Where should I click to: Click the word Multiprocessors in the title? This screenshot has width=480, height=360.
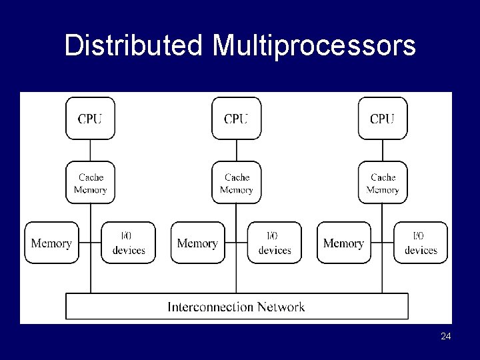pos(314,46)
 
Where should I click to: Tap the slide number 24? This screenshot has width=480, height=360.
pos(445,337)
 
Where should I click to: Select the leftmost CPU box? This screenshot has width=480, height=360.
pos(90,119)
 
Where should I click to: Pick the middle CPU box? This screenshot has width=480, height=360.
pos(236,119)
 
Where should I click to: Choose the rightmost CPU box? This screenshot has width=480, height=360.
pos(382,119)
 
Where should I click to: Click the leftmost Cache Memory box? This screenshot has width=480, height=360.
pos(90,183)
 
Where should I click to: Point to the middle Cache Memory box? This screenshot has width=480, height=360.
pos(236,183)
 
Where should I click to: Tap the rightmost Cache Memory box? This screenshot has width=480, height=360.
pos(382,183)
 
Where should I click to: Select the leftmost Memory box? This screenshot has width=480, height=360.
pos(51,243)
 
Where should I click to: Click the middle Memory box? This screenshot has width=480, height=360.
pos(197,243)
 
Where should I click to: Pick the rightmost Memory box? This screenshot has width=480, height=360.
pos(343,243)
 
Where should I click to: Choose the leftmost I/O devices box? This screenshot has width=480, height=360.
pos(128,243)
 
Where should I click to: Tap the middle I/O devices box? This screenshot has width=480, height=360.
pos(274,243)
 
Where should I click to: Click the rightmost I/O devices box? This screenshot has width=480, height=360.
pos(420,243)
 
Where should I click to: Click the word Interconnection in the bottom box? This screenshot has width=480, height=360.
pos(210,307)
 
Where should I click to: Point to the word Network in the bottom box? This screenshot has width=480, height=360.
pos(280,307)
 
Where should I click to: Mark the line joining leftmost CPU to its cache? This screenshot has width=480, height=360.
pos(90,150)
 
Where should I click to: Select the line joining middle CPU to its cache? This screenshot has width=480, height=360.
pos(236,150)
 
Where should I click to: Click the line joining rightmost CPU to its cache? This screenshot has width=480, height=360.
pos(382,150)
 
